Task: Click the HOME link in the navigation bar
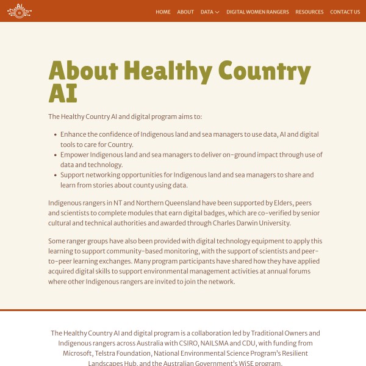(163, 12)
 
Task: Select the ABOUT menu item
(185, 12)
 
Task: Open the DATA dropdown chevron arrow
(217, 12)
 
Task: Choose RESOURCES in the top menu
(309, 12)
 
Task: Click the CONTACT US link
(345, 12)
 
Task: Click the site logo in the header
(20, 11)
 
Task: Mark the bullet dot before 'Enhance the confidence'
(54, 134)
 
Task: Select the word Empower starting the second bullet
(76, 155)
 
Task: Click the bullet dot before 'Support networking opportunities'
(54, 175)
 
